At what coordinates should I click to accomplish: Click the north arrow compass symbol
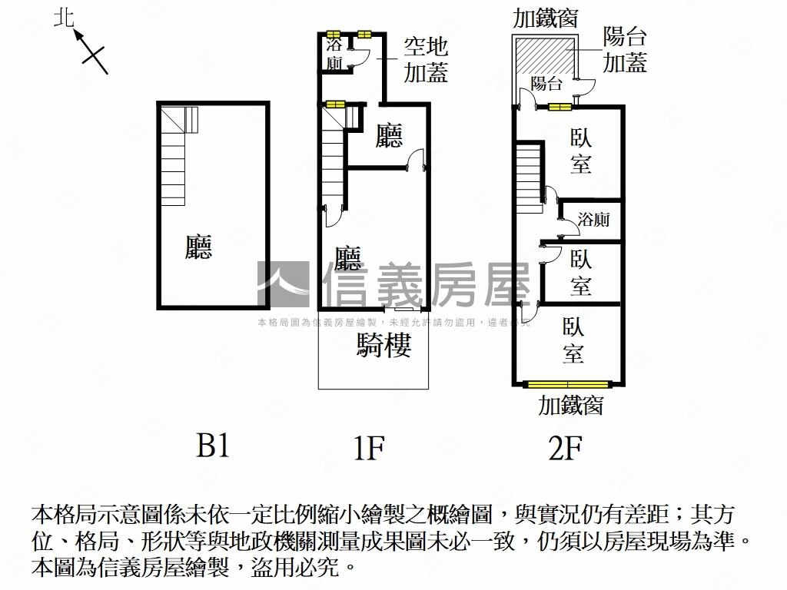91,51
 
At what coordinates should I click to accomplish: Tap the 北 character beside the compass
65,19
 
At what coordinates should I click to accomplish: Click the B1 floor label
214,445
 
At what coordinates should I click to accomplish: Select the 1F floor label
369,448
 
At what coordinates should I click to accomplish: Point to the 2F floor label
565,448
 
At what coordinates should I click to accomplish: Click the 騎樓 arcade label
384,345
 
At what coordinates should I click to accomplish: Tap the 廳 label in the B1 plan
198,247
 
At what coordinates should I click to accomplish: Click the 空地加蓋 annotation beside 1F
426,60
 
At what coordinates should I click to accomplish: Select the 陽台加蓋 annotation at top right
625,50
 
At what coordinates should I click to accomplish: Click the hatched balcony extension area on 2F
544,57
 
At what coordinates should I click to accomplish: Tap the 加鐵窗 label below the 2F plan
571,406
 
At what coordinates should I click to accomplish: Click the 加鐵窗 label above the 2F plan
546,18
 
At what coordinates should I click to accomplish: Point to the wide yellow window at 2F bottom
567,385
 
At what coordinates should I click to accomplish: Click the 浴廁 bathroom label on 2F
594,219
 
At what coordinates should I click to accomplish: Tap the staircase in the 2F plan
529,178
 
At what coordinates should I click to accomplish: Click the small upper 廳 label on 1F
389,135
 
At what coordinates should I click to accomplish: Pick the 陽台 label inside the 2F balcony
546,83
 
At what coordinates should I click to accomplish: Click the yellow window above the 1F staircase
335,104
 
